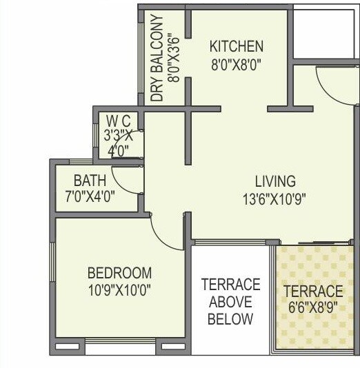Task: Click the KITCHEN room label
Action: pyautogui.click(x=237, y=47)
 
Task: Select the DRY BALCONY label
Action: pyautogui.click(x=157, y=59)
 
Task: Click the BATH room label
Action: pyautogui.click(x=90, y=181)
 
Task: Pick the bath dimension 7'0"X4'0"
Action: pyautogui.click(x=90, y=196)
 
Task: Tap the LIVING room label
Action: pyautogui.click(x=275, y=182)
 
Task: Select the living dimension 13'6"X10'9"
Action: pyautogui.click(x=275, y=198)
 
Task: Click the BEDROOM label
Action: pyautogui.click(x=119, y=273)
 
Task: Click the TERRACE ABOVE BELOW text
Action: pyautogui.click(x=230, y=302)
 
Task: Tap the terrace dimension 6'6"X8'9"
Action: pyautogui.click(x=313, y=307)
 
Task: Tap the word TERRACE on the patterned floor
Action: pyautogui.click(x=313, y=291)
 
